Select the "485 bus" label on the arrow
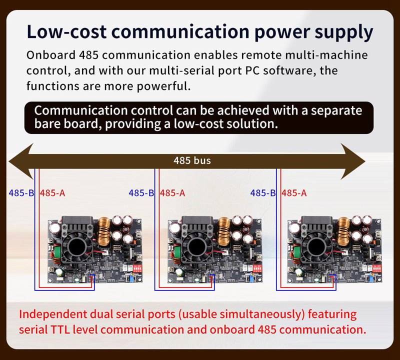(192, 160)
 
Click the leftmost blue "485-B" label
(21, 193)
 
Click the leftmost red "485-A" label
(52, 193)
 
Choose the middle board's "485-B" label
(141, 193)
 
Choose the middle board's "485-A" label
(172, 193)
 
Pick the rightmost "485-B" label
(263, 193)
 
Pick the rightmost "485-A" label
(294, 193)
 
